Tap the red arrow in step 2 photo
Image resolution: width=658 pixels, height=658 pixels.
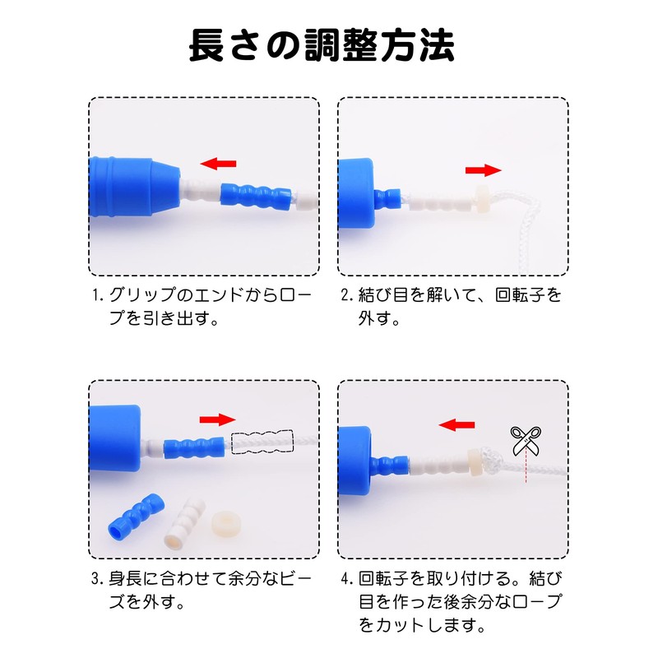483,169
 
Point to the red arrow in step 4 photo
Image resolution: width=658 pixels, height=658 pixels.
457,424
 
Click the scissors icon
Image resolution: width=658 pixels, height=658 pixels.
523,440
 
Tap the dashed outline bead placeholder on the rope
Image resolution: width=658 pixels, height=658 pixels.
262,443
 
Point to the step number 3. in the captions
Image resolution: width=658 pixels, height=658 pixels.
98,578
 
